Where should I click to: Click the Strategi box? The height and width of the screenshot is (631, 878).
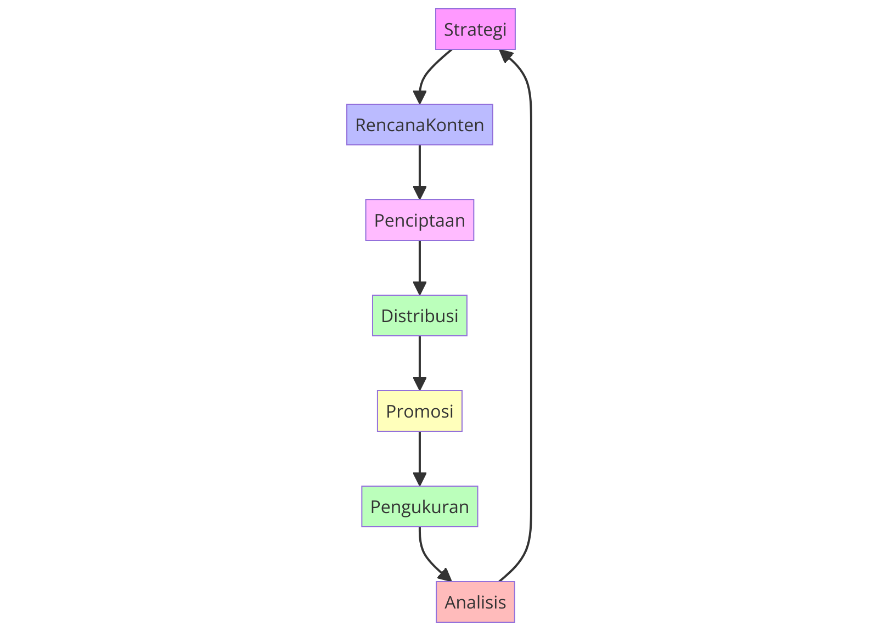475,29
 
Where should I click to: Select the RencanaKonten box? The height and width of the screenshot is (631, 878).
420,125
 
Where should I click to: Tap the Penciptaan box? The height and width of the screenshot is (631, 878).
420,220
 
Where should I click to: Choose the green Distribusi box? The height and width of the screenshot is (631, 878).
420,315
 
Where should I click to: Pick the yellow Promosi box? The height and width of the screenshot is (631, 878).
420,411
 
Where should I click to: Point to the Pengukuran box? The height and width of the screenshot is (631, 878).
420,506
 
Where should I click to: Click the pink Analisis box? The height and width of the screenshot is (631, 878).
475,602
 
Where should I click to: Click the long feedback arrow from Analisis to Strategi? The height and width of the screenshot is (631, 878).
531,318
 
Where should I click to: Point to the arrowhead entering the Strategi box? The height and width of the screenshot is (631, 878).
506,55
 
